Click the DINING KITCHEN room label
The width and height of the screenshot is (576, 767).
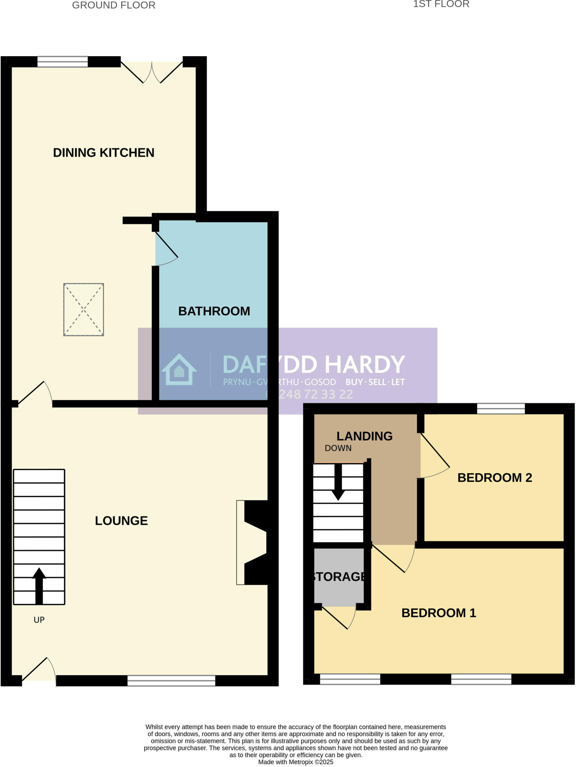point(103,153)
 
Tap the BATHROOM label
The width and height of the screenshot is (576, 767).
point(214,311)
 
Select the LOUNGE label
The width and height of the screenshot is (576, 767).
point(121,521)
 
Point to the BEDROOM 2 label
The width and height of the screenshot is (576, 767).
point(494,478)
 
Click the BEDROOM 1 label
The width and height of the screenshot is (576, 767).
point(439,613)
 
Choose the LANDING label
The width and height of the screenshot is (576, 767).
point(364,436)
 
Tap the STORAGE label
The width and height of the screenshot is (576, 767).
point(339,577)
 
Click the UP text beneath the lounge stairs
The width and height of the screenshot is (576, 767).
point(39,620)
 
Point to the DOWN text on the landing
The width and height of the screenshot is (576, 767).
point(338,448)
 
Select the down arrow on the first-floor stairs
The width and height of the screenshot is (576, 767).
point(338,483)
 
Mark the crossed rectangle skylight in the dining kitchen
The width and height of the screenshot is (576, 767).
point(84,309)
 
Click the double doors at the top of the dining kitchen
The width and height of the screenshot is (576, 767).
point(152,71)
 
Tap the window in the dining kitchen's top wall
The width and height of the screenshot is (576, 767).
point(63,62)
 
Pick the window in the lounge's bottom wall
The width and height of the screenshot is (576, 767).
point(171,680)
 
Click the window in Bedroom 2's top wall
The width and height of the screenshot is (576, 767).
point(501,409)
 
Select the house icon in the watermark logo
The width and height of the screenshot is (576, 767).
point(179,370)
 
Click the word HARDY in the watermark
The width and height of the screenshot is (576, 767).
point(364,364)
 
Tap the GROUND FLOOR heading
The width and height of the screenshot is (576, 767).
point(113,5)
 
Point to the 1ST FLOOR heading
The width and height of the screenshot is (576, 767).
point(441,4)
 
